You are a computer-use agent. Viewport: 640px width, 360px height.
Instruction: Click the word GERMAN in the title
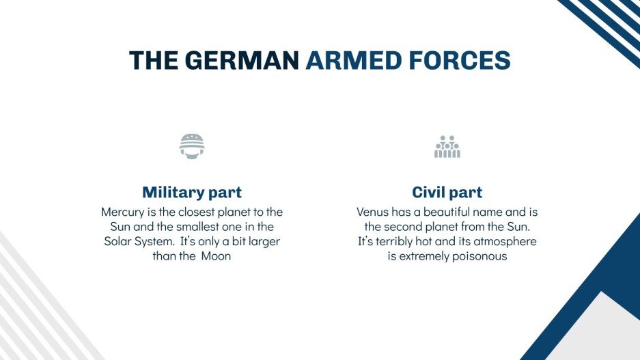point(241,60)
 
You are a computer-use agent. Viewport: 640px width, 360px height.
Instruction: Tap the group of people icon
point(447,147)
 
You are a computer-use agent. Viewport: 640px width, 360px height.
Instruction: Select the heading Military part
point(192,192)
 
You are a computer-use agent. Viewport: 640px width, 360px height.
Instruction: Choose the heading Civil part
point(447,192)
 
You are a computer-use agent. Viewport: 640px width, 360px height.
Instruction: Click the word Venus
point(374,212)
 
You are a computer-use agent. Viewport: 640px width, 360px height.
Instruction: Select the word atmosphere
point(505,242)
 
